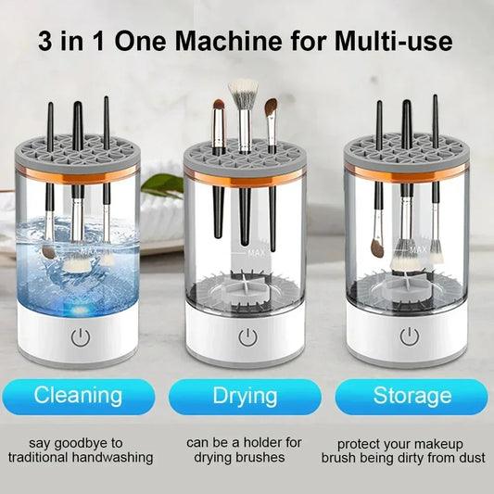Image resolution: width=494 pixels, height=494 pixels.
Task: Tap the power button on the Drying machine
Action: tap(247, 336)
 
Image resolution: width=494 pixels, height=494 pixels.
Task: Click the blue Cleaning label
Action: tap(78, 395)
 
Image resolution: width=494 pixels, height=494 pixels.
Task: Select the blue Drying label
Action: tap(247, 395)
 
